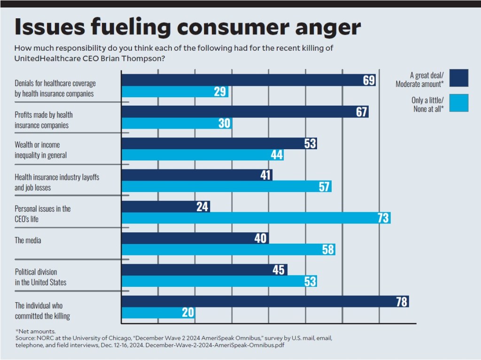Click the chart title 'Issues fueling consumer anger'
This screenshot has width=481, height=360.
coord(187,28)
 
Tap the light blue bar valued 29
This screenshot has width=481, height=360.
coord(175,92)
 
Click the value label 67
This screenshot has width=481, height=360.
coord(360,112)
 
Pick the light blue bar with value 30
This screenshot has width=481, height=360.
coord(177,123)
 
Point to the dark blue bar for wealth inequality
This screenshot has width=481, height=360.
coord(219,143)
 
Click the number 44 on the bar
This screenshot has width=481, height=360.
coord(277,155)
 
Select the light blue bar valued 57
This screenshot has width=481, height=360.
coord(226,186)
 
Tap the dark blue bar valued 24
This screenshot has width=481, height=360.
coord(165,207)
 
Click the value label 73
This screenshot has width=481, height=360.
coord(382,218)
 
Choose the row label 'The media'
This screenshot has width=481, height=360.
coord(28,240)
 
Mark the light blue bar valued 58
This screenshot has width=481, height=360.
coord(228,250)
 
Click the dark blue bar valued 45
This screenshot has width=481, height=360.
coord(204,269)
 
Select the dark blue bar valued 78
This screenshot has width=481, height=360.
coord(265,301)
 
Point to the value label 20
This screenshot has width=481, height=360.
coord(188,313)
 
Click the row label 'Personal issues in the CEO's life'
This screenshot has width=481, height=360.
coord(43,213)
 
